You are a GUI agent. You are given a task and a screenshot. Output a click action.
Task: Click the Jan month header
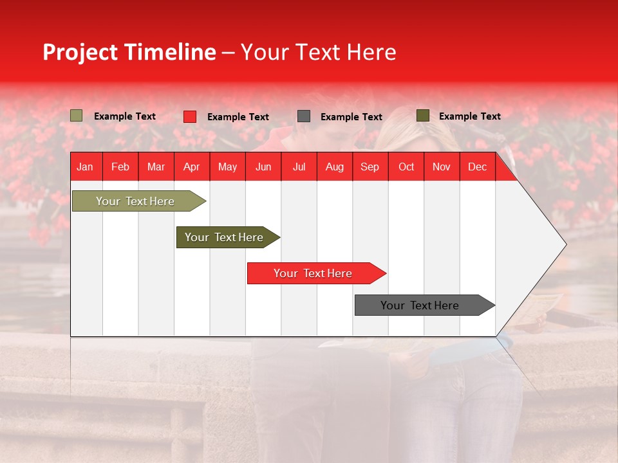(85, 167)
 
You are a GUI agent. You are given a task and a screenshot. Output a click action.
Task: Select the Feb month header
(120, 167)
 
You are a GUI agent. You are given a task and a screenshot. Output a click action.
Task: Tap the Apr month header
(191, 167)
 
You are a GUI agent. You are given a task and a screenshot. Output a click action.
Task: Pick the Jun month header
(263, 167)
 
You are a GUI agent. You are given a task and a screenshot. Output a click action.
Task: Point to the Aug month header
(334, 167)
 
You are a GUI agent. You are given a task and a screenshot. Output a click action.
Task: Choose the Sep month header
(370, 167)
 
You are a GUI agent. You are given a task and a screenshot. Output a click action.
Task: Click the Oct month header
(406, 167)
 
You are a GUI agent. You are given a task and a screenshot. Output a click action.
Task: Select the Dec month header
(477, 167)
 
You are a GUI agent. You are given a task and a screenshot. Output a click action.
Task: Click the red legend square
(190, 116)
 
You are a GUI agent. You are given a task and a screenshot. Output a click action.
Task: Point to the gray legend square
(304, 116)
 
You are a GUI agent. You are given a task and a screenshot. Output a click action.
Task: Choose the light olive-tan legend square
(77, 116)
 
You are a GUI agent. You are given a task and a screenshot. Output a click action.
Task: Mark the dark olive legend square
(423, 116)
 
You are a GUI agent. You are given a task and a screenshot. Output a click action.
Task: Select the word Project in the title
(80, 52)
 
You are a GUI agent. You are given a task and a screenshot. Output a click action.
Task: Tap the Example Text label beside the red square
(238, 117)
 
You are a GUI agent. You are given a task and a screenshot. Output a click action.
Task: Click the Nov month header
(441, 167)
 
